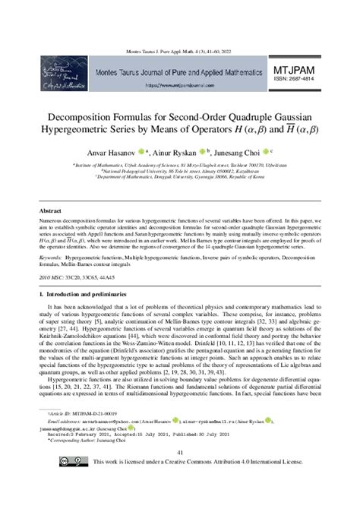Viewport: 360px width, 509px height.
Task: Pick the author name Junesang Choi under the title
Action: click(x=261, y=151)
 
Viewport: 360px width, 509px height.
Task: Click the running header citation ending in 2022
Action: click(x=180, y=49)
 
